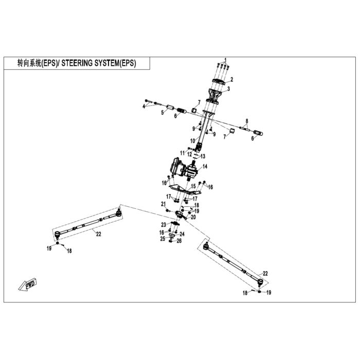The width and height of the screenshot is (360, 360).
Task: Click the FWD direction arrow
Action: click(27, 285)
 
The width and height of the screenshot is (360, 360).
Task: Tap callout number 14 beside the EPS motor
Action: click(205, 166)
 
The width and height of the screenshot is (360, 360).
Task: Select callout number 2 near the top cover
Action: click(231, 79)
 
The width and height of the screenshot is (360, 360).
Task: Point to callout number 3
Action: click(228, 88)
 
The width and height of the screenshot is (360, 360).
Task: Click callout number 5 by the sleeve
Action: click(163, 113)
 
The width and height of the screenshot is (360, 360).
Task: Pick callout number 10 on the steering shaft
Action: click(192, 140)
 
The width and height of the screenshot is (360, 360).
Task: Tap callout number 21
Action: click(163, 204)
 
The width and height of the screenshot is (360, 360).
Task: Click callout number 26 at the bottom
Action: click(179, 241)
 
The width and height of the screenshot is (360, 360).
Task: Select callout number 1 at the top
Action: click(225, 60)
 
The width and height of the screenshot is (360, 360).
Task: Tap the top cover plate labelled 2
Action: click(218, 82)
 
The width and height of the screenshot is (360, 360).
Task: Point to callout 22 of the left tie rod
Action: click(99, 234)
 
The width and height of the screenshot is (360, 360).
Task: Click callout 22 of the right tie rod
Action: click(265, 274)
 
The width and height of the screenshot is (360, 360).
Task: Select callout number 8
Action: click(247, 121)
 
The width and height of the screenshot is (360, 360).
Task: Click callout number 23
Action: click(164, 224)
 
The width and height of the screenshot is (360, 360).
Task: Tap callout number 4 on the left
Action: click(144, 106)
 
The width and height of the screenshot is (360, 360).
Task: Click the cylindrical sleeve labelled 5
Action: click(170, 107)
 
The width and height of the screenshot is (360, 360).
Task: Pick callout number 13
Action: click(203, 156)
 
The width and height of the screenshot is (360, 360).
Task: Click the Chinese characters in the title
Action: click(29, 63)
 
